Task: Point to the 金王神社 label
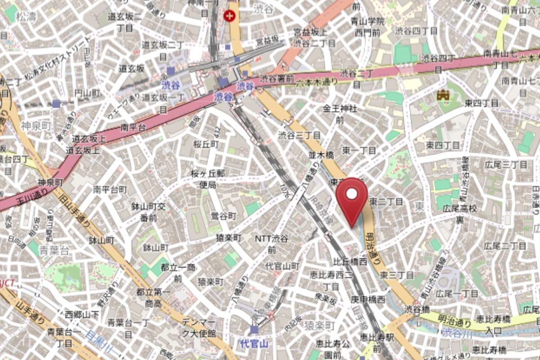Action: point(340,108)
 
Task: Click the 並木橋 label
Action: point(322,155)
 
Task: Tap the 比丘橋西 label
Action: point(350,261)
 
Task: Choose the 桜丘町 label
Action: point(206,144)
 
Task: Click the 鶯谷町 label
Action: point(224,216)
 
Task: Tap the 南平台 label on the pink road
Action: point(133,128)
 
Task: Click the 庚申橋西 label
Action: point(368,299)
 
